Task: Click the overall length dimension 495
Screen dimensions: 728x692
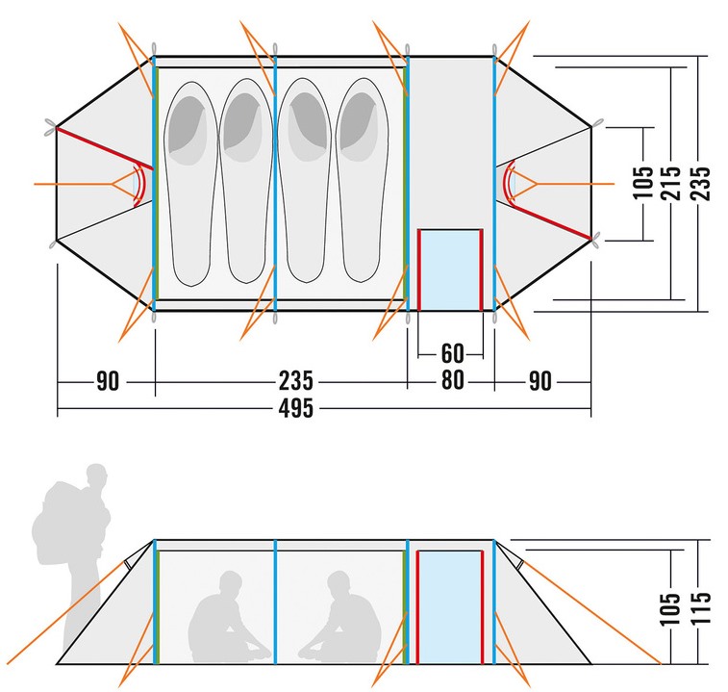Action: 296,408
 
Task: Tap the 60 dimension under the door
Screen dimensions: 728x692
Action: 452,353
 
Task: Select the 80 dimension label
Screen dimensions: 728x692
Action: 452,380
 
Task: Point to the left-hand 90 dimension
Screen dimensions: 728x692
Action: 108,381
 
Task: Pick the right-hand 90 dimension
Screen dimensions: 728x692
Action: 540,381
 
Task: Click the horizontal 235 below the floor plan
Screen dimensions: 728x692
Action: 296,381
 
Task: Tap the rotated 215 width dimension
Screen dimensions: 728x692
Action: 672,183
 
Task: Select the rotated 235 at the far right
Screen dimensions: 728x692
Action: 700,183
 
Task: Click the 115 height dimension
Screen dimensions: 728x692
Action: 701,608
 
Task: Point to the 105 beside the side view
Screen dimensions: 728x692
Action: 670,608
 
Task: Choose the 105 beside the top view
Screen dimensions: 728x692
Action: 644,183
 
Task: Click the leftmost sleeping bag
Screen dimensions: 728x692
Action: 190,184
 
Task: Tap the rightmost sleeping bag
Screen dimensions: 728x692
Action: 362,180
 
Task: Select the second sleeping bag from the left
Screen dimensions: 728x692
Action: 245,180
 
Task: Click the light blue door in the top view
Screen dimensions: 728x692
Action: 450,270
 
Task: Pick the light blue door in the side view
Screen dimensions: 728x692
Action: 450,607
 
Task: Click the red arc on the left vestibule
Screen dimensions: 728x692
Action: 141,185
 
